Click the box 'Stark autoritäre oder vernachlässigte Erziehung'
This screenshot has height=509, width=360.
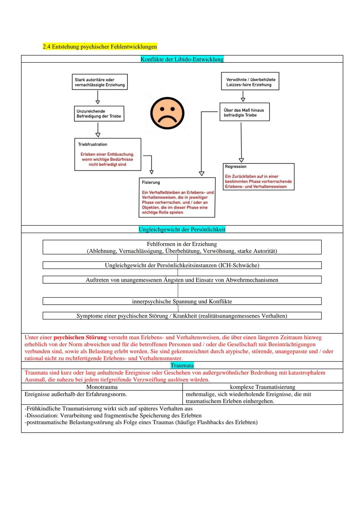coord(100,82)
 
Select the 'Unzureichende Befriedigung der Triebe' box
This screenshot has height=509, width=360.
coord(99,114)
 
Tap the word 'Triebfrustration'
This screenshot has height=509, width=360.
coord(93,144)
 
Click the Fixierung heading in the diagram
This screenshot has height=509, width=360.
coord(151,182)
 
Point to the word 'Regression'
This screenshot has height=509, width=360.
coord(236,166)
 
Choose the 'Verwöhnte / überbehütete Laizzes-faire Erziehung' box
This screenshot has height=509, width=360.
coord(250,82)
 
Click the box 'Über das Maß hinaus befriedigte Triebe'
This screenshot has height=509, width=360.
coord(244,112)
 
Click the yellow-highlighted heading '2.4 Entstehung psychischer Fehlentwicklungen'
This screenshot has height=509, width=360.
coord(100,46)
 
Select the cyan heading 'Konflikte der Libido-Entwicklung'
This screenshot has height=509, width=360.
coord(182,59)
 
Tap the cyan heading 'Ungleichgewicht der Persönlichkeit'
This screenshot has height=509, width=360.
coord(182,229)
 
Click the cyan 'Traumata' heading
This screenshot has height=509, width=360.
coord(182,365)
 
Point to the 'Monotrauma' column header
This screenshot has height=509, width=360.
coord(102,387)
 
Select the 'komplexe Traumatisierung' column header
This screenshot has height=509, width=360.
coord(262,387)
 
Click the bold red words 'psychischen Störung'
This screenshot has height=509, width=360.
coord(80,337)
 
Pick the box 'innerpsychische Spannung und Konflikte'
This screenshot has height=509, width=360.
coord(182,301)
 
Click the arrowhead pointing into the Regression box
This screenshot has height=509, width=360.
coord(241,160)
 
